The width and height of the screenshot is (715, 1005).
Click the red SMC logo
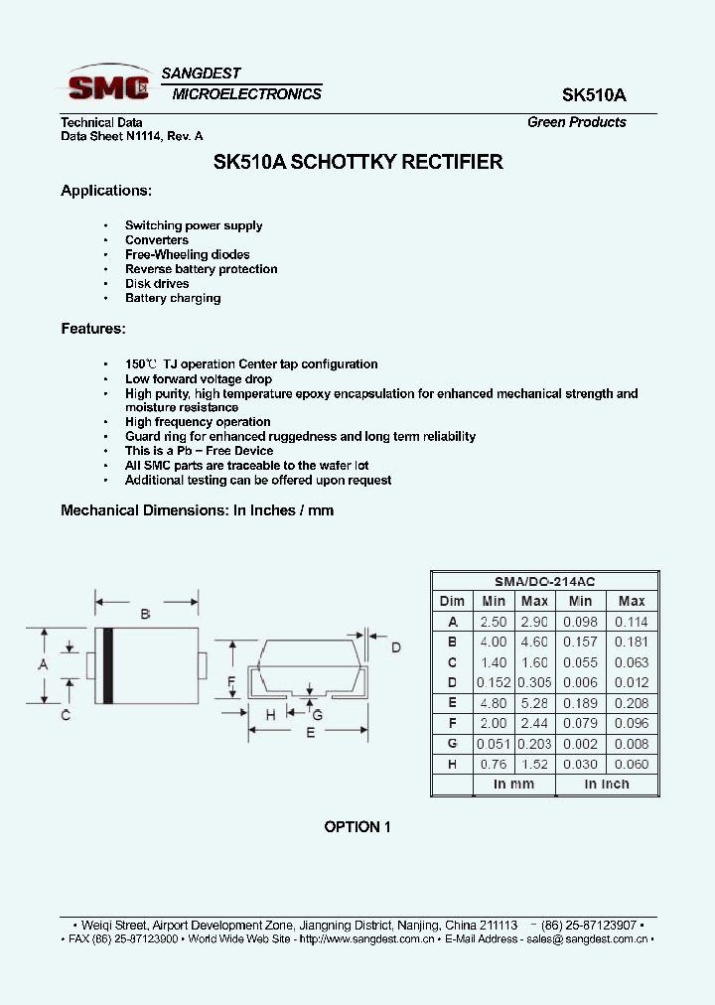(x=106, y=87)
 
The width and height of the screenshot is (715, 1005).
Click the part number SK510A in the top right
(x=594, y=95)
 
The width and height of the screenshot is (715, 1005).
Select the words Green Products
(x=576, y=122)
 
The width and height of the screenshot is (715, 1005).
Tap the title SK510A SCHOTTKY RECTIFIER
(x=358, y=162)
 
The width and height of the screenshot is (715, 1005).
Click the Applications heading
(x=106, y=191)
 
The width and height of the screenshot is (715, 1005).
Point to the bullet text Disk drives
(x=157, y=283)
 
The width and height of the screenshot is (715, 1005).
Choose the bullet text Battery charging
(x=173, y=298)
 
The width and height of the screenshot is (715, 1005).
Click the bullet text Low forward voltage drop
(x=198, y=378)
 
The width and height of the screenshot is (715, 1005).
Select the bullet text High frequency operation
(x=198, y=422)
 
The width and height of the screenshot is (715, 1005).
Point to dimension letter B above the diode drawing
(x=145, y=615)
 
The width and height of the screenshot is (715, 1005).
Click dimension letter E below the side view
(x=310, y=733)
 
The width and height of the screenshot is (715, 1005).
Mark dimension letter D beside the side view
(x=395, y=648)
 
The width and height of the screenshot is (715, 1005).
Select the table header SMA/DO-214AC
(x=544, y=582)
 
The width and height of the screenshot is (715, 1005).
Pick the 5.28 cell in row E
(x=534, y=703)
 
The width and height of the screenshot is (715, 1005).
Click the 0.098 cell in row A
(x=580, y=622)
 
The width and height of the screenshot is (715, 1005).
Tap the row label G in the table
(x=452, y=744)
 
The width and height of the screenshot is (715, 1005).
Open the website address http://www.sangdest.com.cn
(x=362, y=938)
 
